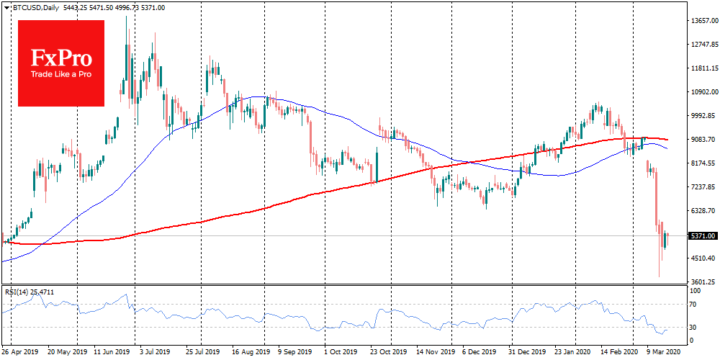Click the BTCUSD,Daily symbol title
point(30,7)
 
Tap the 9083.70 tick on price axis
point(703,140)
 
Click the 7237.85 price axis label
point(703,187)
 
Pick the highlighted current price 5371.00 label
point(703,235)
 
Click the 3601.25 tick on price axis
point(703,282)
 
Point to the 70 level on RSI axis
point(693,305)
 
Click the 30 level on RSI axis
point(693,327)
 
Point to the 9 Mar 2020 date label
point(662,354)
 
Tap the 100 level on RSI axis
point(695,291)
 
